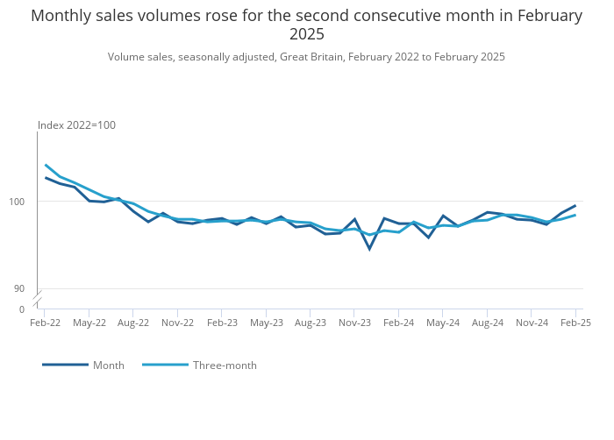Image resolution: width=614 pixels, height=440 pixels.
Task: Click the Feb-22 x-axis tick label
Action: click(x=46, y=323)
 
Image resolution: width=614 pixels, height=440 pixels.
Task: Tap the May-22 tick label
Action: click(x=89, y=323)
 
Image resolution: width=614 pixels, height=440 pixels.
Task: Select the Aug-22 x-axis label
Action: click(x=133, y=323)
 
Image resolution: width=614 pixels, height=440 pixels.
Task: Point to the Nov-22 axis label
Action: click(x=178, y=323)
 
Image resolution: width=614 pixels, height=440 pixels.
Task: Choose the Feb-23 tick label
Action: click(x=222, y=323)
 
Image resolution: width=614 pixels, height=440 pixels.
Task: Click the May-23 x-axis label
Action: click(x=267, y=323)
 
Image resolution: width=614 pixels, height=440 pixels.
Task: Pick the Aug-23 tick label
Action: click(x=311, y=323)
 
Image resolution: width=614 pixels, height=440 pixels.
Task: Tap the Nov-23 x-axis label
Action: click(x=354, y=323)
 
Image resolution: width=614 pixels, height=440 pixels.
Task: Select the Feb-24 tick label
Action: click(x=399, y=323)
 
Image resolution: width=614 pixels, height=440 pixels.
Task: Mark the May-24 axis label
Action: click(x=443, y=323)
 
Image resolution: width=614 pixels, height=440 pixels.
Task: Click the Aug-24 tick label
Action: click(x=488, y=323)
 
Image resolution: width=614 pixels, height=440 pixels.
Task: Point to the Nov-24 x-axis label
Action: click(x=532, y=323)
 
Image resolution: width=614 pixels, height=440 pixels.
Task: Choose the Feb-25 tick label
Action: click(x=575, y=323)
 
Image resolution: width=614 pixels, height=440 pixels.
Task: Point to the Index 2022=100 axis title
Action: click(x=76, y=125)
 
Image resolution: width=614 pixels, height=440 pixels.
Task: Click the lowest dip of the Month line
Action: click(x=369, y=249)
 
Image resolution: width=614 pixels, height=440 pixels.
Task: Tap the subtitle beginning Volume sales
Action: click(x=306, y=57)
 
